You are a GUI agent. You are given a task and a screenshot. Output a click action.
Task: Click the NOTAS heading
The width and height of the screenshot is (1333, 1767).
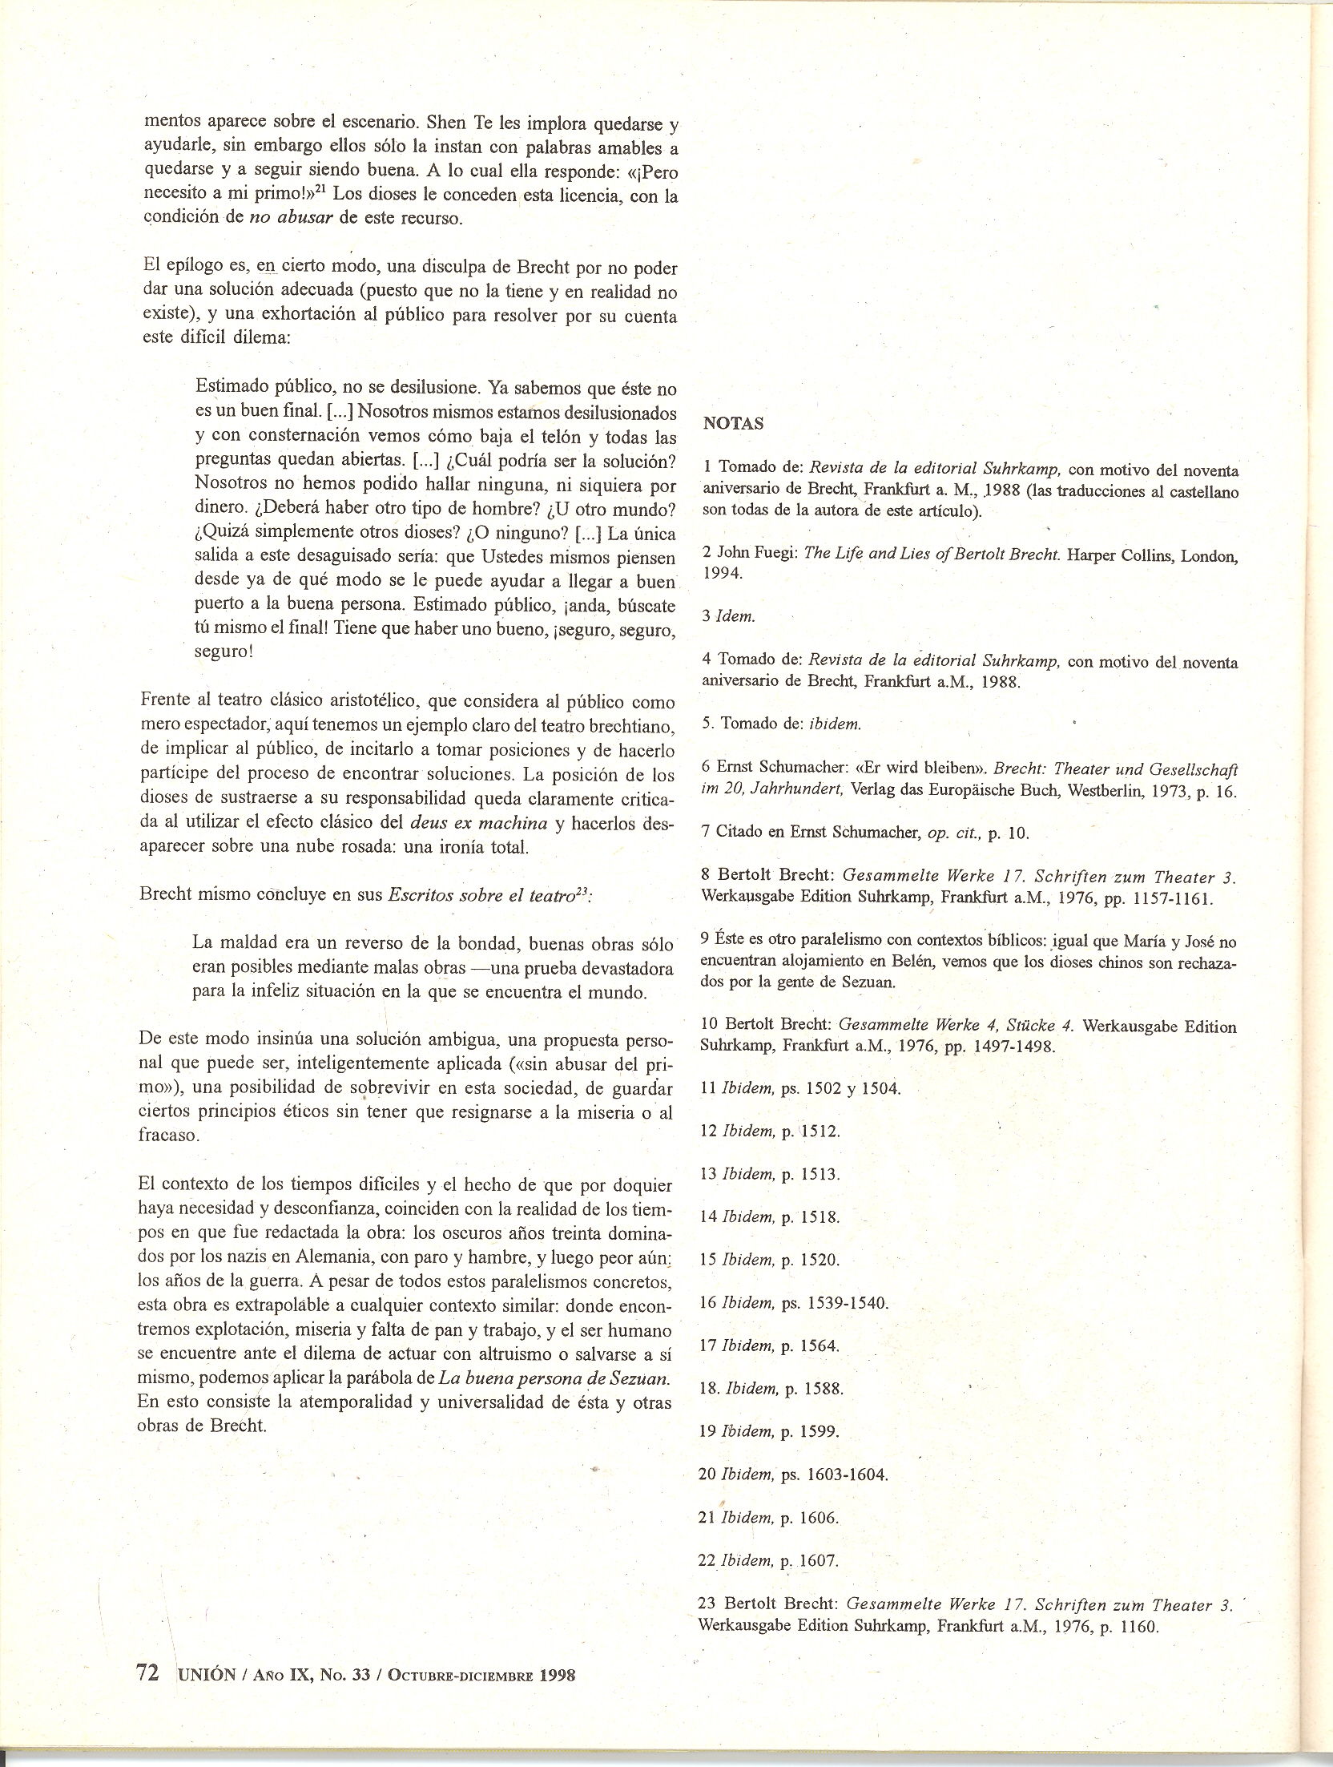click(x=733, y=425)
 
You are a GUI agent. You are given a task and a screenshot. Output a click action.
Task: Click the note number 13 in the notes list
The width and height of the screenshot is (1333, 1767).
click(x=707, y=1174)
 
